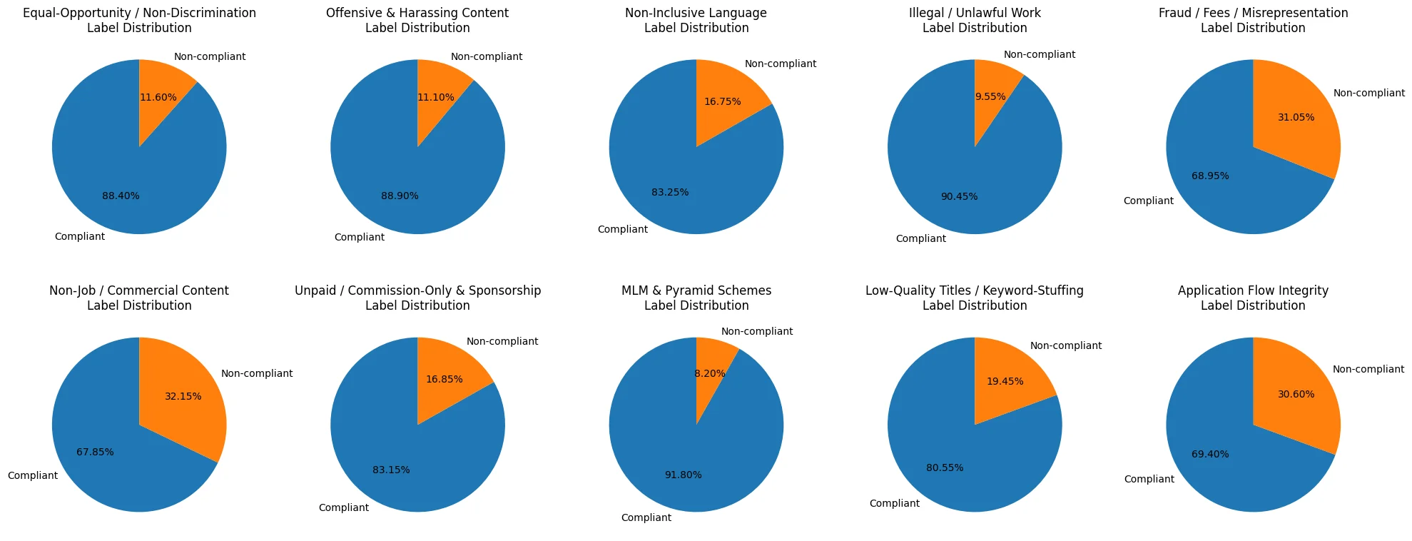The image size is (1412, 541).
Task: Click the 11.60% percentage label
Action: point(158,98)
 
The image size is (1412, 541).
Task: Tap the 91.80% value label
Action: point(683,475)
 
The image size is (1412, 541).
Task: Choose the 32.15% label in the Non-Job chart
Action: point(183,396)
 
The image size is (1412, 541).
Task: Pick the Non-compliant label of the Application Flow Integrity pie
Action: point(1368,369)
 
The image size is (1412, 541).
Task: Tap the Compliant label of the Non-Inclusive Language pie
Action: point(622,229)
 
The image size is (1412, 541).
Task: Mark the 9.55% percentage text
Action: point(990,96)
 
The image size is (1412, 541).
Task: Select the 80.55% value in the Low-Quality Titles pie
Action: point(945,467)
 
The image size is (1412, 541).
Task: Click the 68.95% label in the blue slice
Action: point(1210,176)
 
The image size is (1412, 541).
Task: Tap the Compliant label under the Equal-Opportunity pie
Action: point(79,236)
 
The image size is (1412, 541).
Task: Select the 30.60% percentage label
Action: point(1296,394)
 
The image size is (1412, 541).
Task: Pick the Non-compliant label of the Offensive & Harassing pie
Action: point(486,56)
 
